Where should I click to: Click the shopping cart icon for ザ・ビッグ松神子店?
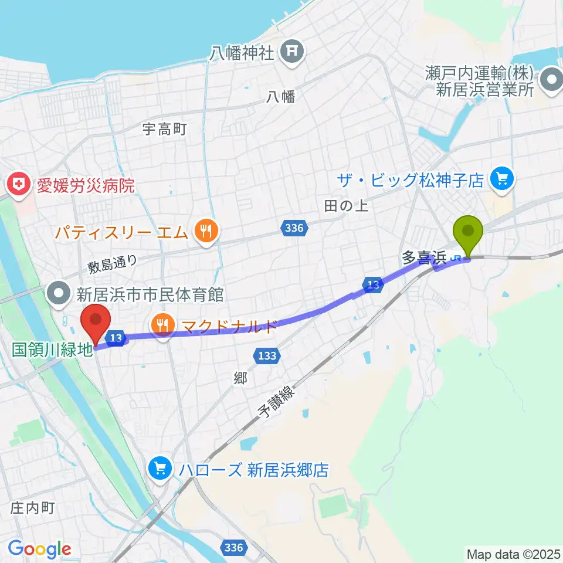pos(501,178)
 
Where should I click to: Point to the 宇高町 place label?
pos(164,130)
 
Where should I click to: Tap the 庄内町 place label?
pos(32,507)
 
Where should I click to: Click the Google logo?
pos(40,549)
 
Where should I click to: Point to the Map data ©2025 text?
pos(513,554)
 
